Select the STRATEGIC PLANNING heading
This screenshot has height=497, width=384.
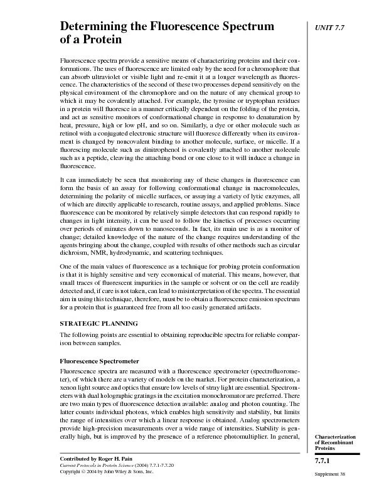(99, 323)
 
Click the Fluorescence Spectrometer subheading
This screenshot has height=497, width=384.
(99, 361)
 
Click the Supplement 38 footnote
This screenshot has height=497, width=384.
(328, 474)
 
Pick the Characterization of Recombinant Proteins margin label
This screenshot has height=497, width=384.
(335, 442)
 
